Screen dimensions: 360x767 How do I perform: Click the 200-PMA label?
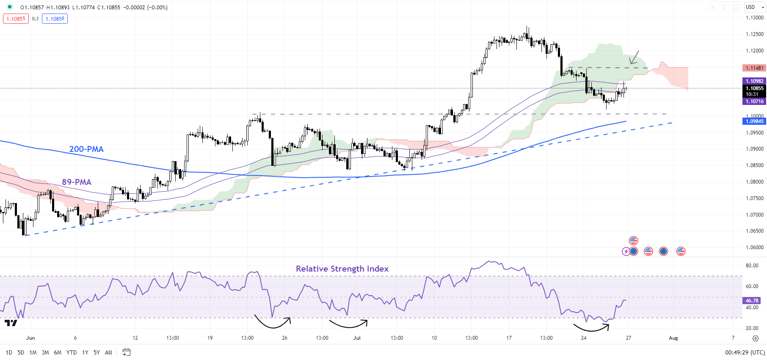point(86,149)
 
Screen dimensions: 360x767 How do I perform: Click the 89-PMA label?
point(77,182)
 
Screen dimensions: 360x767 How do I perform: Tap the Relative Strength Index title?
point(342,269)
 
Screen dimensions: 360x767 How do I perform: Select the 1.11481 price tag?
point(754,68)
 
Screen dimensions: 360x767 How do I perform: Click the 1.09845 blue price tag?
point(754,121)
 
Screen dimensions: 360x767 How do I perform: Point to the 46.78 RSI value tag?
point(752,301)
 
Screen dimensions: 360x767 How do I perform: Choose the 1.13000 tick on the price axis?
point(754,18)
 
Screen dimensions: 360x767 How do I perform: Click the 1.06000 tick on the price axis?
point(754,247)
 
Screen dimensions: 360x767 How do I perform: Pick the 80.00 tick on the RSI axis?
point(752,266)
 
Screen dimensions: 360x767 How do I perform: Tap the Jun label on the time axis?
point(30,338)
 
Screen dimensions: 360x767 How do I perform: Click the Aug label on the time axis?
point(673,338)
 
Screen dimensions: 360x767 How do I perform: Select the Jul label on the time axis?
point(357,338)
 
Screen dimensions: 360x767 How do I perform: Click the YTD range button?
point(72,352)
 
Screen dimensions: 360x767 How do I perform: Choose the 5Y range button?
point(97,352)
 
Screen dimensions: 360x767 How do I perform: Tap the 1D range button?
point(9,352)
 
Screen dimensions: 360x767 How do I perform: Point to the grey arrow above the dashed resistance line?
point(634,58)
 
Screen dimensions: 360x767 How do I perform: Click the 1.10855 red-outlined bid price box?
point(16,19)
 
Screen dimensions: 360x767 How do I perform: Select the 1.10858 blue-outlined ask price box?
point(55,19)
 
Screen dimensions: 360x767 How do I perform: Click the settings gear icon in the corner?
point(756,338)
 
